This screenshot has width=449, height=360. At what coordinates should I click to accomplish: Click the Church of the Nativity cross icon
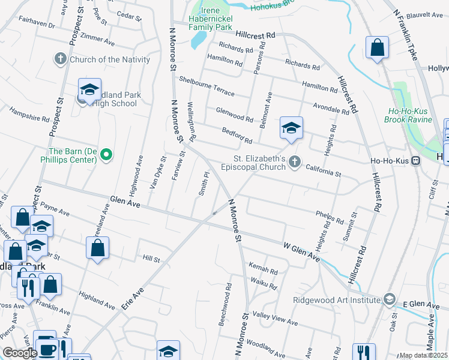(60, 59)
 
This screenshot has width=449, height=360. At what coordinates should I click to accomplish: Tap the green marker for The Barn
(106, 155)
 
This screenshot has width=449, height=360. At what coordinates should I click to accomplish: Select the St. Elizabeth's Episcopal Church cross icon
(294, 161)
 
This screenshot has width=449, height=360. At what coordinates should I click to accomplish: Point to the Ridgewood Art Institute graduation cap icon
(389, 299)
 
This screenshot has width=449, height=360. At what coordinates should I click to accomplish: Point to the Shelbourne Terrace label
(207, 86)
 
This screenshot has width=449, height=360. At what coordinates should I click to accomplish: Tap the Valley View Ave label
(276, 319)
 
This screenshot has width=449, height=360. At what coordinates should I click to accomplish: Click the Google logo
(20, 353)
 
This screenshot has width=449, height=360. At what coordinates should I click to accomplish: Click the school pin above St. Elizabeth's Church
(291, 128)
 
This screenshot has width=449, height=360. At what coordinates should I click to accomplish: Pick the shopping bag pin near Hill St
(98, 248)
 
